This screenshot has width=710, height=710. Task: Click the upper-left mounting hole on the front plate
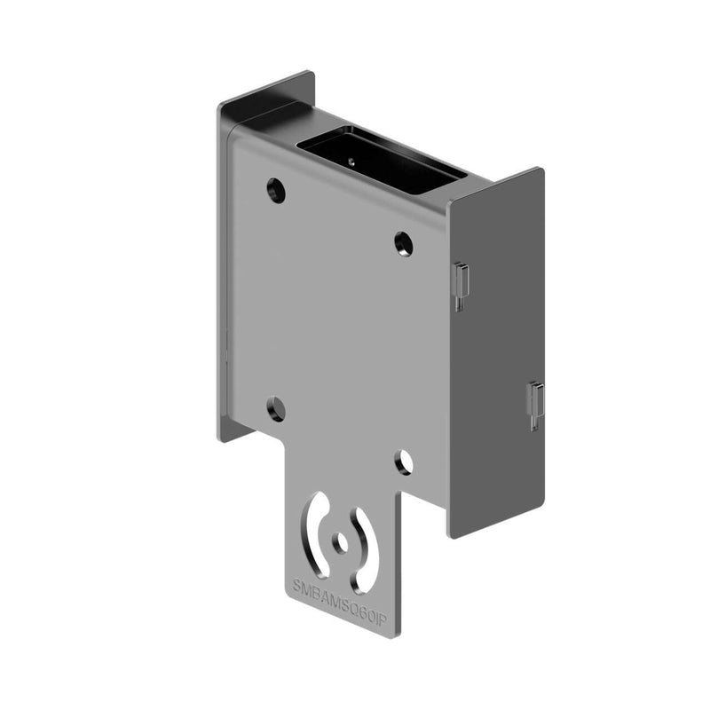[x=276, y=190]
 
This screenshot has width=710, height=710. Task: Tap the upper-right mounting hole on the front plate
[x=404, y=242]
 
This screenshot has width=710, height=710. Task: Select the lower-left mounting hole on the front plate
[x=276, y=409]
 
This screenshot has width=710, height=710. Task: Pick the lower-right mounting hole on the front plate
[x=404, y=461]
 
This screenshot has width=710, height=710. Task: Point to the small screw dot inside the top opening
[x=351, y=161]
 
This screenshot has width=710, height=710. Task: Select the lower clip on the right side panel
[x=535, y=404]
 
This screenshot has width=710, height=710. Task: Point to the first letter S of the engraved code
[x=297, y=583]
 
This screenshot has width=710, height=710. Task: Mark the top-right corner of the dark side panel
[x=539, y=170]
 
